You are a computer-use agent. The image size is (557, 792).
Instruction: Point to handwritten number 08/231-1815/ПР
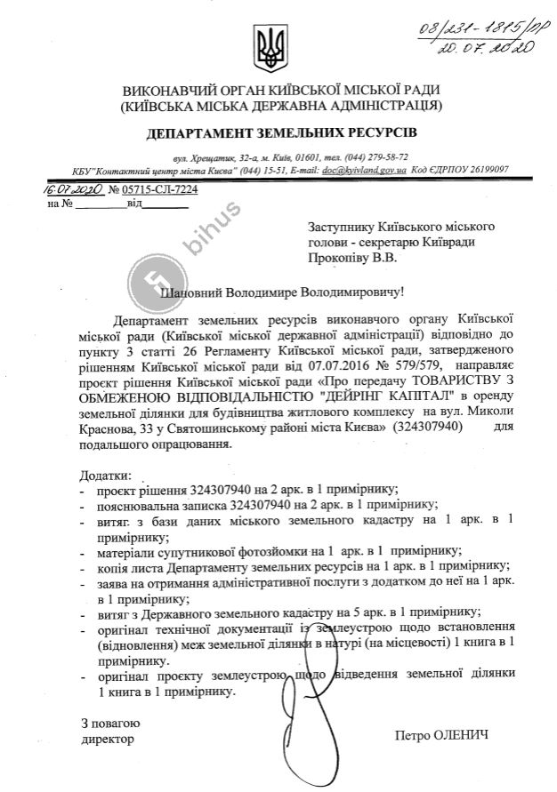pyautogui.click(x=484, y=20)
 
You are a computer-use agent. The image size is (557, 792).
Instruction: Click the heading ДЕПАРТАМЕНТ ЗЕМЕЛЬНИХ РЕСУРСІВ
pyautogui.click(x=280, y=133)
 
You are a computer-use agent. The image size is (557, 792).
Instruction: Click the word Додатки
pyautogui.click(x=105, y=478)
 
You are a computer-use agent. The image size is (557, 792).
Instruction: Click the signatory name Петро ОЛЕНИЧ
pyautogui.click(x=442, y=736)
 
